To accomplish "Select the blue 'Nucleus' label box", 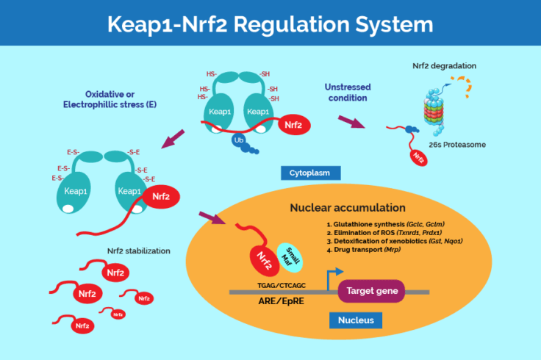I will click(356, 320).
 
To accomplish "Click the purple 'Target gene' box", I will click(371, 292).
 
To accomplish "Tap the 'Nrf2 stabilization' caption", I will click(138, 251).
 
